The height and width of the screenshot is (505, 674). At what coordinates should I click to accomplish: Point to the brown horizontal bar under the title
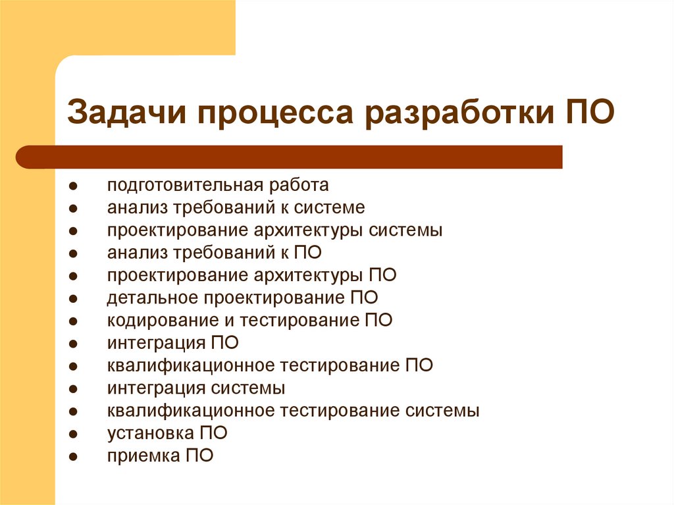(x=290, y=157)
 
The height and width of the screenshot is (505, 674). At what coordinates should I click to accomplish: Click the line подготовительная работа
(x=218, y=186)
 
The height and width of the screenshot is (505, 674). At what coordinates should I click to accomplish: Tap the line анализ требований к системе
(x=236, y=208)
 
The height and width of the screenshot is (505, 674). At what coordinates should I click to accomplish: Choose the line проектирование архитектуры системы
(x=275, y=230)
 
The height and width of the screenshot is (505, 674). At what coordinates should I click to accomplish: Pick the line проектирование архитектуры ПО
(x=252, y=275)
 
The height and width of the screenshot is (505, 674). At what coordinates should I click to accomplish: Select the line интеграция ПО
(x=173, y=342)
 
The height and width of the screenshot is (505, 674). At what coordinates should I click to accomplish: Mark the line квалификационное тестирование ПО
(x=271, y=365)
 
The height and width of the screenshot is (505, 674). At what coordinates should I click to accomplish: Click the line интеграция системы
(x=196, y=387)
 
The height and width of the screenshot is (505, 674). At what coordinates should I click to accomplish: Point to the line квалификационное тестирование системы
(x=294, y=410)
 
